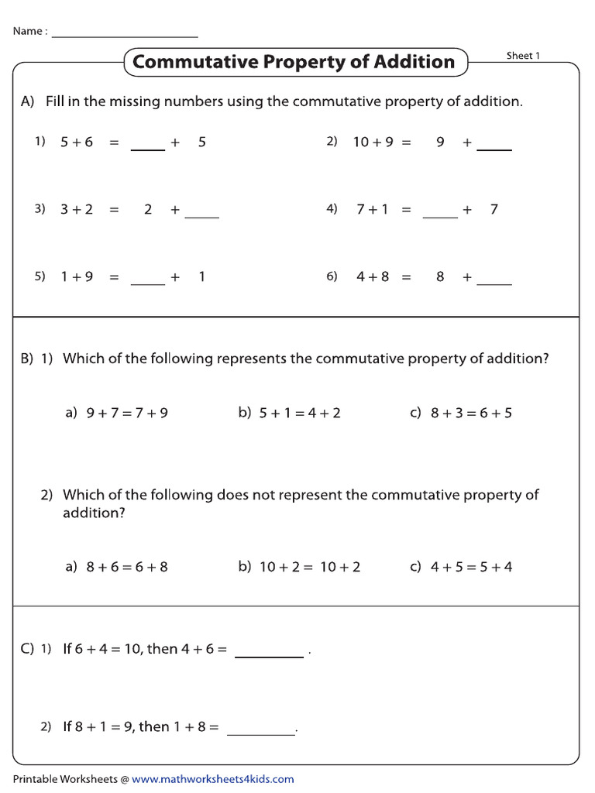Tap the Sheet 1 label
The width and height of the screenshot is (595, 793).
[523, 56]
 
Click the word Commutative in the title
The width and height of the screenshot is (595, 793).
[197, 62]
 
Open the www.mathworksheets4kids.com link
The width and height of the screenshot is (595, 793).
[213, 779]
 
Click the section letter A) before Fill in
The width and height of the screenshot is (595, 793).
[28, 101]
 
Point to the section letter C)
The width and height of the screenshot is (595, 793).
[27, 649]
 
